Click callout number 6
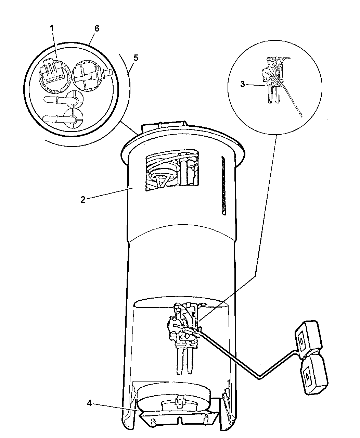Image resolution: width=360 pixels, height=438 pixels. tap(97, 28)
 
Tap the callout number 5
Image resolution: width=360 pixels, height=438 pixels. tap(136, 58)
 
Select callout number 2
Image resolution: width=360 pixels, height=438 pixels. tap(83, 200)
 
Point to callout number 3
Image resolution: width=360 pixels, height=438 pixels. tap(243, 84)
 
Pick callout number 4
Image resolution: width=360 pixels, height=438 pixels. tap(89, 403)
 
